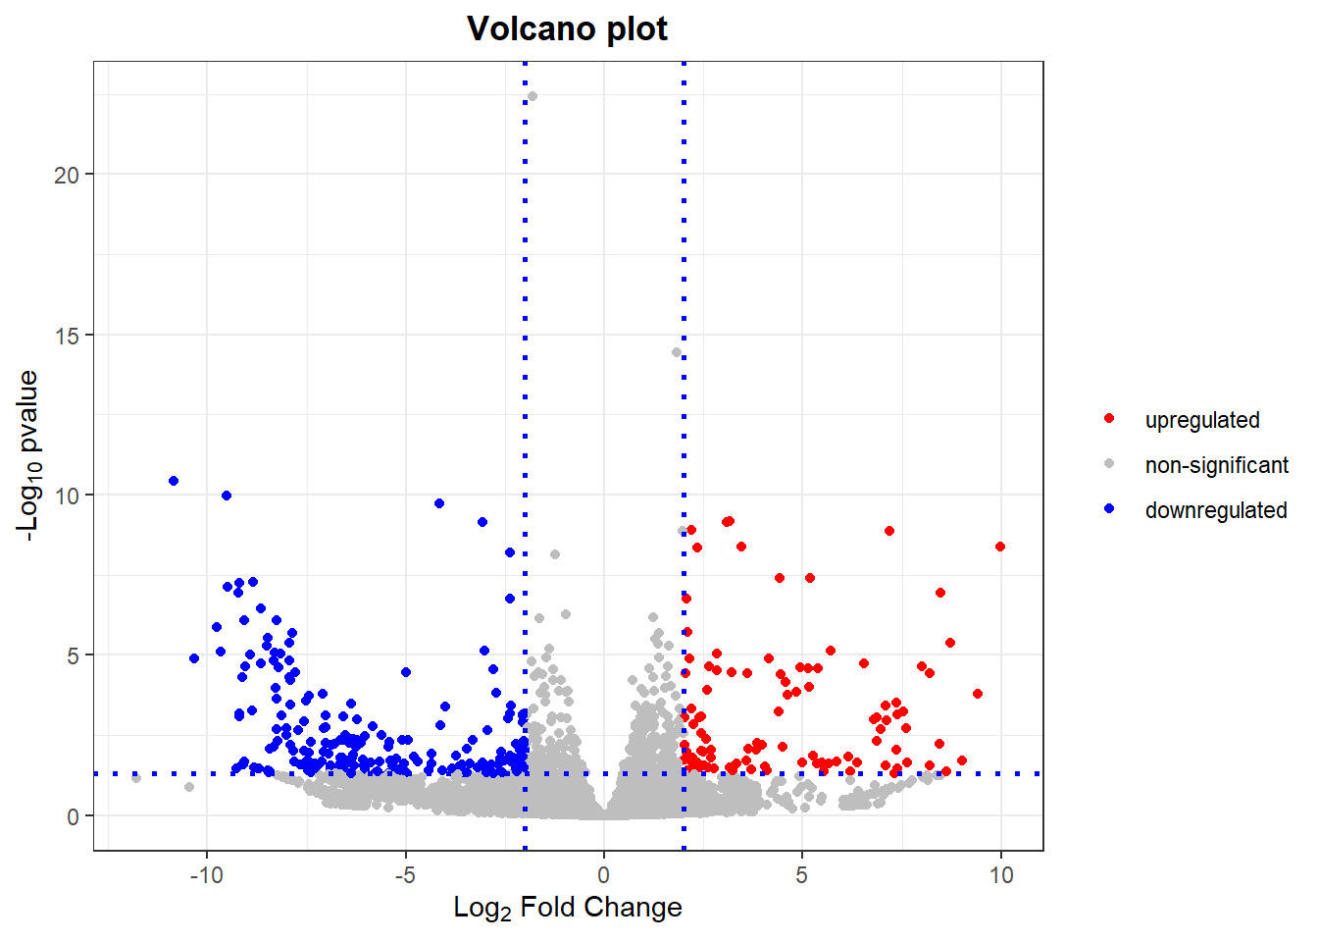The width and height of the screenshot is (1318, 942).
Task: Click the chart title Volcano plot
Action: tap(567, 28)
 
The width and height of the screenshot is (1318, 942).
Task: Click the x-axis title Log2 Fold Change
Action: tap(567, 908)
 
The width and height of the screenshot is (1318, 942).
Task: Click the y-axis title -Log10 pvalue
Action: tap(28, 455)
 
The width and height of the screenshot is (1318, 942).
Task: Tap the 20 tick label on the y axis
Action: tap(66, 175)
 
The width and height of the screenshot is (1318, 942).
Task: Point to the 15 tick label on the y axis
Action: tap(66, 336)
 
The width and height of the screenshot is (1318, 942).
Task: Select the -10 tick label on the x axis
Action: tap(207, 875)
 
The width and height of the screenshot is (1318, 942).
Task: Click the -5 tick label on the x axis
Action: tap(405, 875)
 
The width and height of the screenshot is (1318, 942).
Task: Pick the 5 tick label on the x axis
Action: tap(802, 875)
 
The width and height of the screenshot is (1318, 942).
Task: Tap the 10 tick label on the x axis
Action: tap(1001, 875)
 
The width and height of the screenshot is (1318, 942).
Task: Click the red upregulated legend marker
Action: tap(1109, 419)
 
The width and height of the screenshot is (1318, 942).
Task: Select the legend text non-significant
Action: tap(1216, 465)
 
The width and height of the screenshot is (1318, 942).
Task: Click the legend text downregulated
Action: tap(1216, 510)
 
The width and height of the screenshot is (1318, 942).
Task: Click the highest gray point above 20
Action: tap(532, 96)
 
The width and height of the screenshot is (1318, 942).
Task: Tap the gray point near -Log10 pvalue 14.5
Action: tap(677, 352)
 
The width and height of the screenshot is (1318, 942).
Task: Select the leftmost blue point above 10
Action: tap(174, 481)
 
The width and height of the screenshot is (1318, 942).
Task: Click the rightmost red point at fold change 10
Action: tap(1000, 547)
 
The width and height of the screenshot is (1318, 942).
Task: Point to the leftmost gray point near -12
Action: tap(136, 778)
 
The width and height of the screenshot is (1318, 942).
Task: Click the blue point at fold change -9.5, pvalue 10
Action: tap(227, 496)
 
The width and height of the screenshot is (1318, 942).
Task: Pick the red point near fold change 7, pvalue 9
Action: tap(889, 531)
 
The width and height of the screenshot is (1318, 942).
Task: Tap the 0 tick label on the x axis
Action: tap(604, 875)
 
